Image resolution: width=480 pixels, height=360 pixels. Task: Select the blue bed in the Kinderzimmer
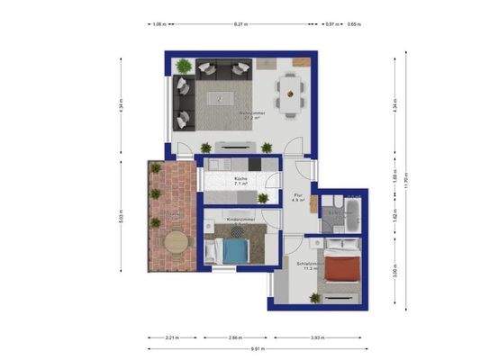235,249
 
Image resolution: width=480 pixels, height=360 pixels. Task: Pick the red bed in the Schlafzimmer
342,266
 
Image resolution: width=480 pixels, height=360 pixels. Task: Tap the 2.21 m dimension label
173,337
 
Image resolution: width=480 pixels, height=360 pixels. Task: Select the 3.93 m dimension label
318,337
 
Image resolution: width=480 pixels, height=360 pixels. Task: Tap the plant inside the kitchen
262,198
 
